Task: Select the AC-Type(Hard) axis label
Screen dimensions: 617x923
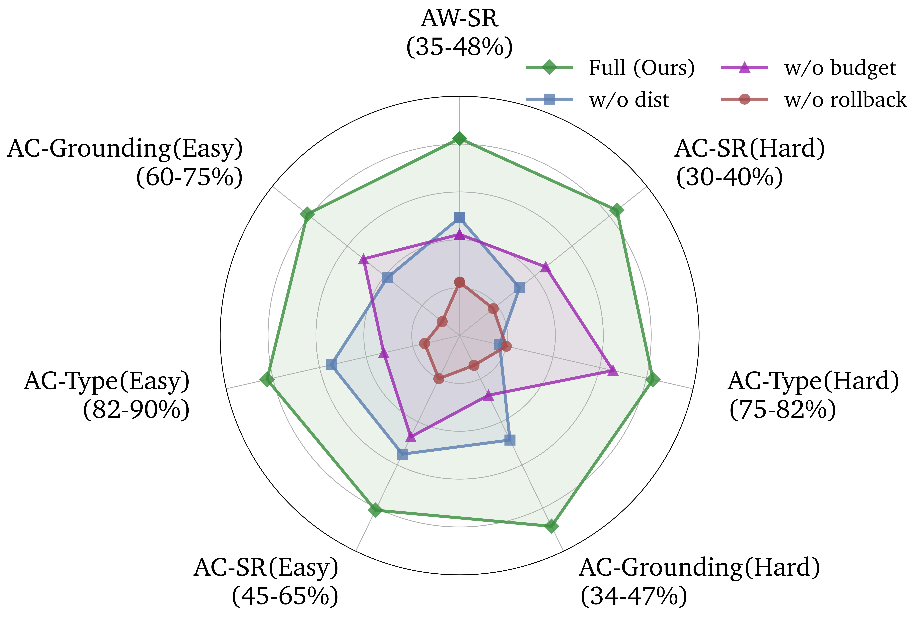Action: [813, 381]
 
